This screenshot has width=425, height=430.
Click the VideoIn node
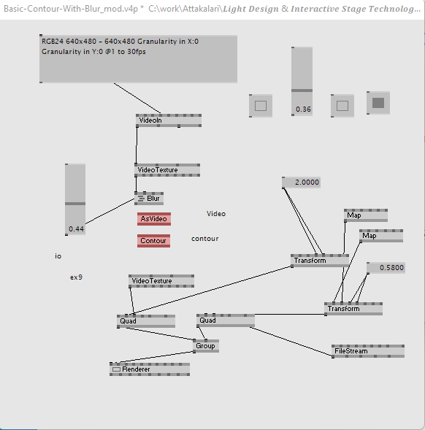tap(169, 120)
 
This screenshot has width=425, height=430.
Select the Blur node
tap(149, 199)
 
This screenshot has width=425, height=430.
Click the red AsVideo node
tap(154, 219)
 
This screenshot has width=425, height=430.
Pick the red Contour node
tap(153, 241)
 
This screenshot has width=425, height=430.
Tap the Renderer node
tap(150, 369)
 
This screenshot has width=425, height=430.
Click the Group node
tap(206, 346)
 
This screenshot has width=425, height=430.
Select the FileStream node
tap(368, 351)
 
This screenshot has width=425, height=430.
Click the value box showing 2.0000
tap(302, 183)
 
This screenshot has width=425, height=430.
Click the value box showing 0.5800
tap(386, 268)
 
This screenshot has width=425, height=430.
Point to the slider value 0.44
tap(76, 229)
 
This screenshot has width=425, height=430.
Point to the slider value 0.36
tap(303, 110)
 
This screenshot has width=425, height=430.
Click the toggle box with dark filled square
tap(378, 103)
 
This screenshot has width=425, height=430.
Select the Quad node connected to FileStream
tap(226, 320)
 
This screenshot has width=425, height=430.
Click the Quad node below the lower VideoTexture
tap(146, 321)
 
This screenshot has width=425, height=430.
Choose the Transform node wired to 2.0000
tap(320, 261)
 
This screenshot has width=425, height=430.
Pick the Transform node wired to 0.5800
tap(353, 309)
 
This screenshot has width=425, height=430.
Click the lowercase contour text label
tap(205, 239)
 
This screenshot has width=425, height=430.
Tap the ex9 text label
tap(76, 277)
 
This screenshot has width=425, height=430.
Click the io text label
tap(58, 256)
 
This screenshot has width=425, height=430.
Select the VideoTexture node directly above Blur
tap(167, 170)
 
